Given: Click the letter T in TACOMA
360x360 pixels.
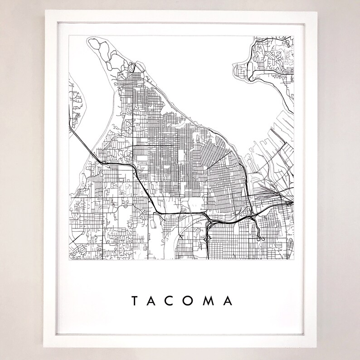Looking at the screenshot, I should (x=135, y=301).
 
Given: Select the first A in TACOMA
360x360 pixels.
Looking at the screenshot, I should (x=154, y=301).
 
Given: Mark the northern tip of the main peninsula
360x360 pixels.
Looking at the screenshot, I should (x=92, y=40).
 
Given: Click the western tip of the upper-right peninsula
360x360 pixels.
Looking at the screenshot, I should (x=234, y=68).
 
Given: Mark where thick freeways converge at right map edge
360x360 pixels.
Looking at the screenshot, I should (x=290, y=202).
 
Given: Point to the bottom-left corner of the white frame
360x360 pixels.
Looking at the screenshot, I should (x=45, y=348).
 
